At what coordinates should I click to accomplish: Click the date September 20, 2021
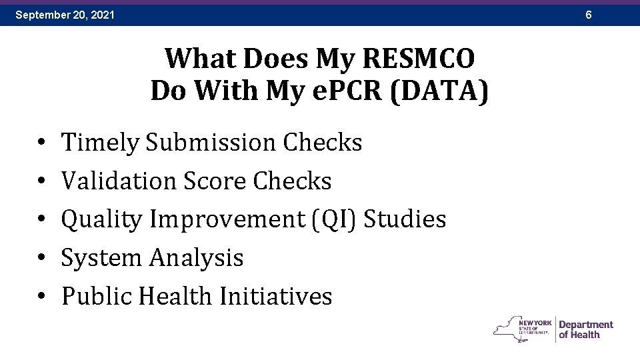(65, 14)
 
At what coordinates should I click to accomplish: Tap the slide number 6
(589, 14)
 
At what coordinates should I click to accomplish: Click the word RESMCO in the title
(419, 59)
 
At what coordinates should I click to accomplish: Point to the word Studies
(407, 219)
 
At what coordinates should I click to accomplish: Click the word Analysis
(197, 258)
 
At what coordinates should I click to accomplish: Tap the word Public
(97, 296)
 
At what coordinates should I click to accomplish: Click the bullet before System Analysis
(41, 259)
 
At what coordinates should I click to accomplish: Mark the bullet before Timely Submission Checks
(41, 143)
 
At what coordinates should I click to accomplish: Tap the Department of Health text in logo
(585, 329)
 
